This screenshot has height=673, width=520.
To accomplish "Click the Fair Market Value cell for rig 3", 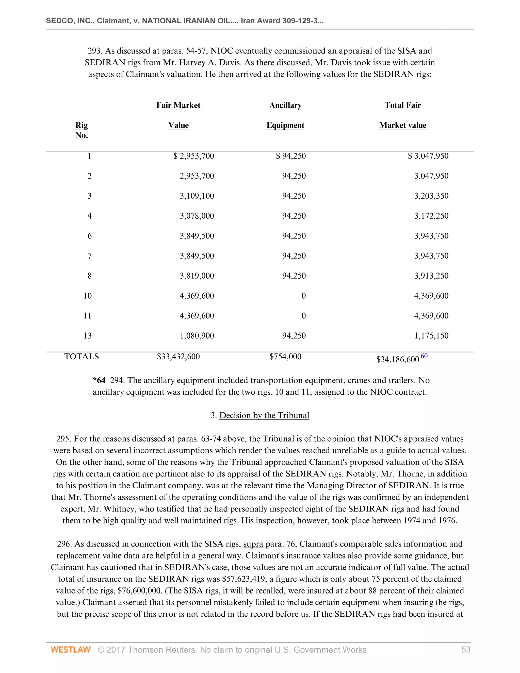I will pos(197,196).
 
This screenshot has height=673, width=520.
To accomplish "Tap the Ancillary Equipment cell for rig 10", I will pos(303,296).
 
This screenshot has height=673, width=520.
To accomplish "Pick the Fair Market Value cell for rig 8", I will pos(197,276).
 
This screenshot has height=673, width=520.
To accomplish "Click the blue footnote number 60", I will pos(424,356).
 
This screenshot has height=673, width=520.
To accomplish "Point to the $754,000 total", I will pos(285,357).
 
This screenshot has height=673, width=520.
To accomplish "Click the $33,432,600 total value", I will pos(178,357).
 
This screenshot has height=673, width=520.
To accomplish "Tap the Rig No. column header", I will pos(82,130).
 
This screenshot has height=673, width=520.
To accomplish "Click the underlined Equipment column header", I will pos(285,125).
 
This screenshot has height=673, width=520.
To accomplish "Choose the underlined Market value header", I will pos(402,125).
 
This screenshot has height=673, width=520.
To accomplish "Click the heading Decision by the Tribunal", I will pos(264,415).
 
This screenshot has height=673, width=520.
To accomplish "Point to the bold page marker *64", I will pos(99,380).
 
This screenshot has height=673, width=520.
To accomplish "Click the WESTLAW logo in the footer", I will pos(71,650).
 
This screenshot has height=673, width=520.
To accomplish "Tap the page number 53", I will pos(465,650).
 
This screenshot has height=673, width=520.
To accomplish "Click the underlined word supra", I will pos(253,544).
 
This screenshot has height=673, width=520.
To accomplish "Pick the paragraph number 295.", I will pos(63,439).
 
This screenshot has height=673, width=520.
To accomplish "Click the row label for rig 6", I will pos(89,236).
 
